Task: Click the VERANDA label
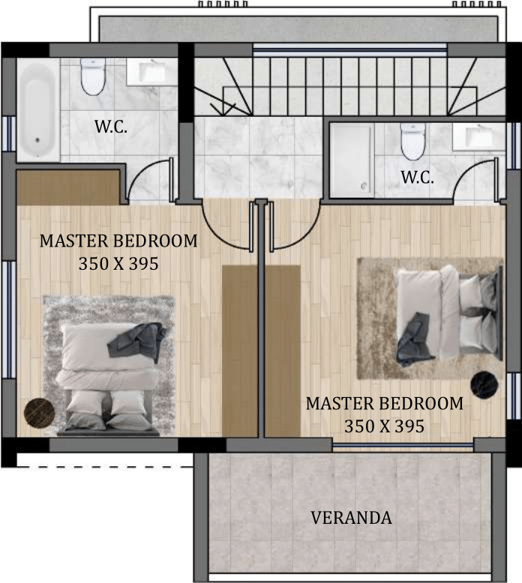click(x=351, y=518)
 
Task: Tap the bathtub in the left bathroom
click(x=38, y=110)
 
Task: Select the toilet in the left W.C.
click(x=93, y=76)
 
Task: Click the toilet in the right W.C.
click(x=412, y=142)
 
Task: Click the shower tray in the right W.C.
click(x=352, y=160)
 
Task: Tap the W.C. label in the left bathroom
click(x=111, y=127)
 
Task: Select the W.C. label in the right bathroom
click(x=417, y=177)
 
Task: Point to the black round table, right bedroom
click(x=484, y=384)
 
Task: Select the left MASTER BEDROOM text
click(x=118, y=241)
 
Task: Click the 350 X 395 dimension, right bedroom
click(x=384, y=426)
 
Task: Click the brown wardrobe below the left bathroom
click(x=68, y=188)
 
